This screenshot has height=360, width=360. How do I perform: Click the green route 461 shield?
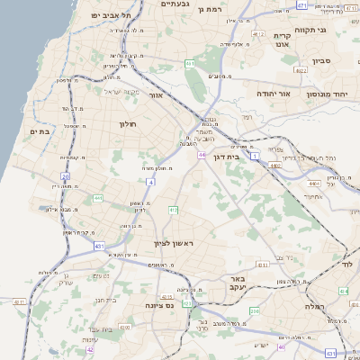(x=190, y=64)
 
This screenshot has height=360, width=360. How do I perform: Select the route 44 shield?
(x=202, y=155)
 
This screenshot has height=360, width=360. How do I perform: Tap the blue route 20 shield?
(x=65, y=176)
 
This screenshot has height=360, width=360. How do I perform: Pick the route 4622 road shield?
(x=301, y=68)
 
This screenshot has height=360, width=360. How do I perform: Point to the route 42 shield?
(x=90, y=350)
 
